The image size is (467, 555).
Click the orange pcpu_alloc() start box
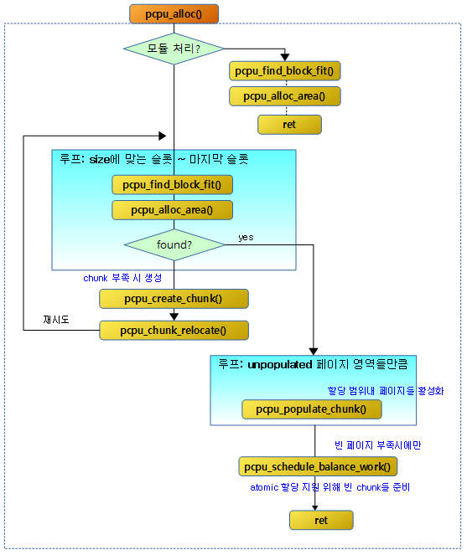[x=174, y=14]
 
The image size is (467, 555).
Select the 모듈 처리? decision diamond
[x=174, y=49]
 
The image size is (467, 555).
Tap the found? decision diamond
[x=174, y=244]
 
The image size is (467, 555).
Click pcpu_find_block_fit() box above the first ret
[x=285, y=71]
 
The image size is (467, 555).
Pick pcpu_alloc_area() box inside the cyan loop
[x=173, y=210]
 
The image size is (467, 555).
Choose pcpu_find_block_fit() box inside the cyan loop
[x=173, y=185]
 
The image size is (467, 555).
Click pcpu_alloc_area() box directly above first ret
[x=285, y=96]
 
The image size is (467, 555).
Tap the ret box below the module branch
[x=289, y=125]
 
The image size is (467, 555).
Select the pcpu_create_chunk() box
[x=174, y=299]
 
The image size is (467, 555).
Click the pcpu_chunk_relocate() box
[x=174, y=331]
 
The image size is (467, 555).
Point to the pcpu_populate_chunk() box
[x=312, y=409]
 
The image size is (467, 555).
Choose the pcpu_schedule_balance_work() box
[x=318, y=466]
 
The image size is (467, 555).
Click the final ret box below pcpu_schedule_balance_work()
[x=321, y=520]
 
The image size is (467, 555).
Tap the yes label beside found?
[x=246, y=237]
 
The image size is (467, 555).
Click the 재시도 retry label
[x=56, y=320]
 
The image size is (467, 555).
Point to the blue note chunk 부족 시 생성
[x=122, y=278]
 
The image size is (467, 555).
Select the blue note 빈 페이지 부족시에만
[x=377, y=445]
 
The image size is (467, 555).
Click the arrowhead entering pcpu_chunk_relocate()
[x=174, y=316]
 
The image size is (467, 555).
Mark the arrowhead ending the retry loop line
[x=163, y=136]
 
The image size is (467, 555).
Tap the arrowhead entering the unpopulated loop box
[x=313, y=352]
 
